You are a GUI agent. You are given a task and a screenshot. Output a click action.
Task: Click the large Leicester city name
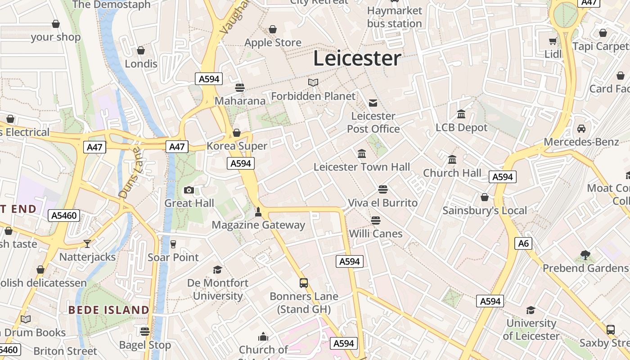(x=357, y=58)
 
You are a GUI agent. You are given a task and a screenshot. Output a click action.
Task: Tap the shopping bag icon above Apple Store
(x=273, y=30)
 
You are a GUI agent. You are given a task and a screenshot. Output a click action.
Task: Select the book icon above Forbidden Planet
(x=313, y=82)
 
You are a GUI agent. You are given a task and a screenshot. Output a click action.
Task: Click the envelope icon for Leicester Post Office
(x=373, y=103)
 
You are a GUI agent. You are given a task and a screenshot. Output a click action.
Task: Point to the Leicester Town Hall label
(x=362, y=167)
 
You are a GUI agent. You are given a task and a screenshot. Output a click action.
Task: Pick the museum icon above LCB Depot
(x=461, y=114)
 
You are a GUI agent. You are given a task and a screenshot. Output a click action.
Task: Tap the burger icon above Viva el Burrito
(x=383, y=189)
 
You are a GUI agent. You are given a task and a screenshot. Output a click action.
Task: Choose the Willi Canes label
(x=376, y=234)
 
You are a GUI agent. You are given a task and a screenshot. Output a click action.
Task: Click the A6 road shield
(x=523, y=243)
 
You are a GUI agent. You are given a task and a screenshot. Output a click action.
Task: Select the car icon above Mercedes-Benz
(x=581, y=129)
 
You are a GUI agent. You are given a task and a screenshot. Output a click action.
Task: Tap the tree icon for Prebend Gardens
(x=585, y=255)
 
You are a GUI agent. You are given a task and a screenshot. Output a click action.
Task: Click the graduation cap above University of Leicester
(x=531, y=310)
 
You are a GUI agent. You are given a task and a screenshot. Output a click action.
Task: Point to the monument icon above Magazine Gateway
(x=258, y=211)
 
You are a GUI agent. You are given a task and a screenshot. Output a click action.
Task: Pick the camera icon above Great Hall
(x=189, y=190)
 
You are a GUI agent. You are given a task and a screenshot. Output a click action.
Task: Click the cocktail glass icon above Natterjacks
(x=87, y=243)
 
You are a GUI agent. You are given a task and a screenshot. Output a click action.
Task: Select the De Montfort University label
(x=218, y=289)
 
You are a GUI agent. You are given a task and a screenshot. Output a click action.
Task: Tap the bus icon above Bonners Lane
(x=304, y=283)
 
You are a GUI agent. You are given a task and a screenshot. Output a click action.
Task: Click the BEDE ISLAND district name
(x=108, y=310)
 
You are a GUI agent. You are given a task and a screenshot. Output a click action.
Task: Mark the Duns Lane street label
(x=130, y=173)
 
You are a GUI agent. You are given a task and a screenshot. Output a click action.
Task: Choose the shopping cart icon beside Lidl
(x=553, y=41)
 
